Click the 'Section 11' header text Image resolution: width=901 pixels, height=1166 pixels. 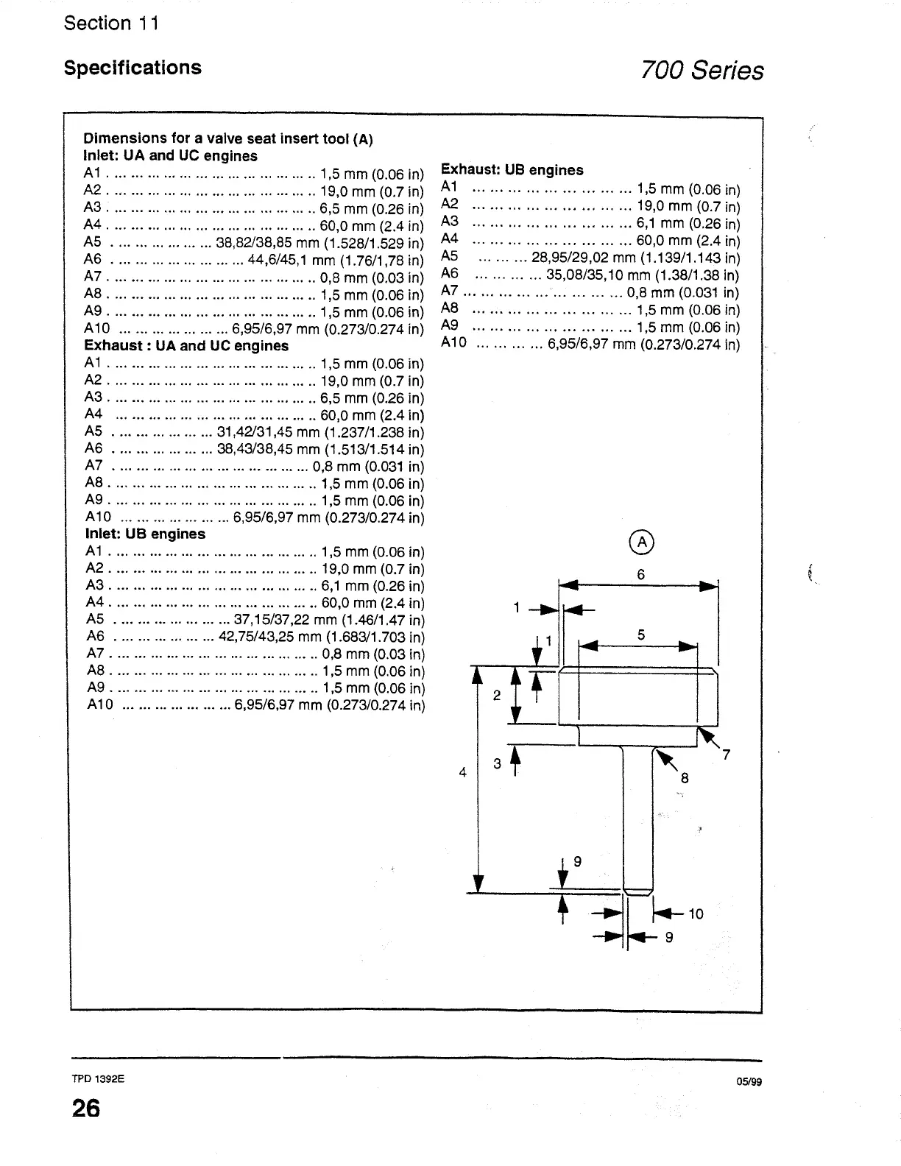(x=111, y=24)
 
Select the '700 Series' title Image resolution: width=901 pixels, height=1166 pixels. (x=702, y=71)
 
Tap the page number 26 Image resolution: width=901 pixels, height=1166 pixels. (x=85, y=1109)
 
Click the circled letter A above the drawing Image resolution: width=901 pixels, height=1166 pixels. (x=642, y=542)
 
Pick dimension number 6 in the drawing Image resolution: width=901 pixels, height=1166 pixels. (x=641, y=575)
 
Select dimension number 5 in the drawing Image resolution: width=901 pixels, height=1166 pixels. (x=641, y=635)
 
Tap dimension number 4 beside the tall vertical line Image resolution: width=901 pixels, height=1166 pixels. (x=462, y=772)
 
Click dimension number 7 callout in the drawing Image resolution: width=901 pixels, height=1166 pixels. (x=726, y=755)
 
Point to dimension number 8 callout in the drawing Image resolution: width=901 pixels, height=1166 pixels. (x=684, y=778)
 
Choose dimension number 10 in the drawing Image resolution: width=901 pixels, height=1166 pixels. (x=696, y=914)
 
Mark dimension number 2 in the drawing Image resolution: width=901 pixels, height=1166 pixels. (x=496, y=695)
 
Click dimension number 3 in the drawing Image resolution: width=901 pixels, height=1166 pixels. (x=497, y=764)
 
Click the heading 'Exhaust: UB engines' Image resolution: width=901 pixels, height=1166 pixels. (x=512, y=170)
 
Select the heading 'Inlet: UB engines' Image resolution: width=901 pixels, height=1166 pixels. (x=145, y=534)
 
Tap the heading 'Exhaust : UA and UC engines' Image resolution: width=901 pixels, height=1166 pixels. (x=186, y=346)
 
